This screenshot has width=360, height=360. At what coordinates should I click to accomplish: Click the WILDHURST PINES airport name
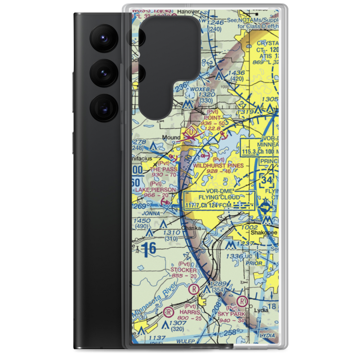(x=218, y=166)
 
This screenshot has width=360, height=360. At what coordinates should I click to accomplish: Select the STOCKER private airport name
(x=184, y=270)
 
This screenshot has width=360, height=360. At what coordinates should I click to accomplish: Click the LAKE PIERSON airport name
(x=156, y=190)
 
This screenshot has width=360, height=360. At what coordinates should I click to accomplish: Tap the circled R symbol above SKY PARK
(x=244, y=301)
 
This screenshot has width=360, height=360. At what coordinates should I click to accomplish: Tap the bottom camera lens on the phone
(x=103, y=107)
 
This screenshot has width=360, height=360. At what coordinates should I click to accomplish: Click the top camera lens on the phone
(x=103, y=37)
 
